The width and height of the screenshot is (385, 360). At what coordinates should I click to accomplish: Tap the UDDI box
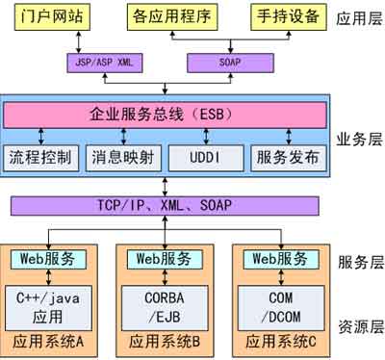[x=200, y=156]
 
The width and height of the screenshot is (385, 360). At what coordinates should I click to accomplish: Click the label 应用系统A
[x=47, y=340]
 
